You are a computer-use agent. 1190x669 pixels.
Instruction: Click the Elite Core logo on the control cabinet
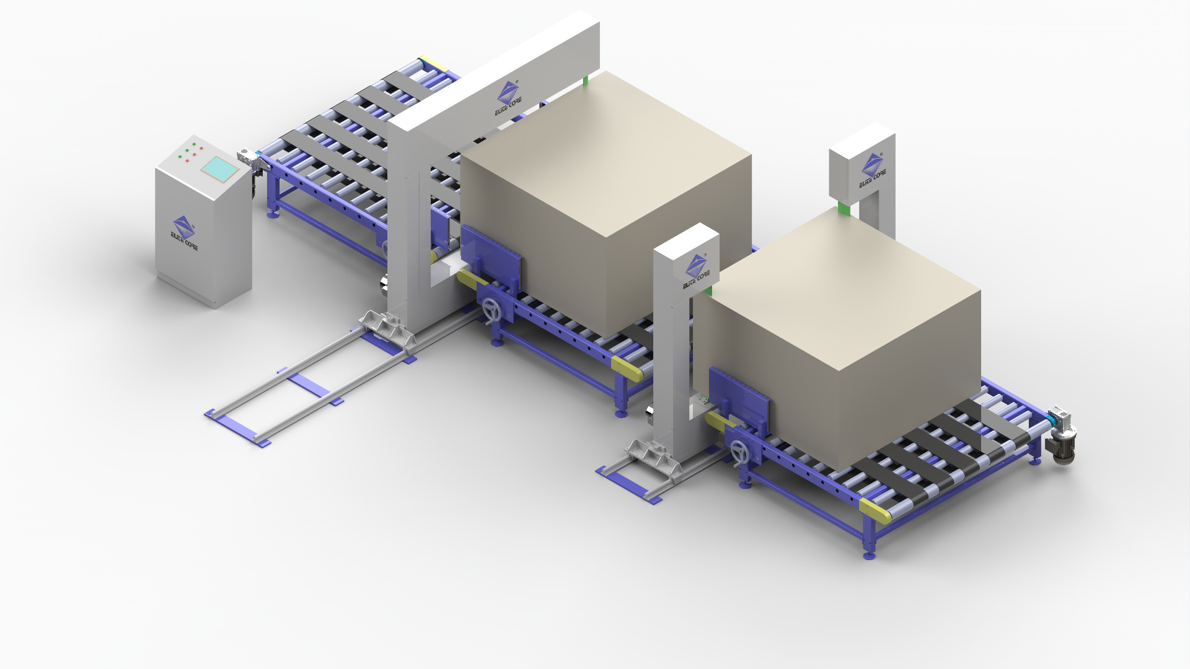click(x=184, y=233)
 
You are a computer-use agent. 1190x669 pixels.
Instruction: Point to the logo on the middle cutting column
click(x=697, y=271)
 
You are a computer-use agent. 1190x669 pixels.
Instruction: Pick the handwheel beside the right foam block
click(x=739, y=452)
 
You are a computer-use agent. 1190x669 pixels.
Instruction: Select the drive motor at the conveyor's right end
click(x=1061, y=435)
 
